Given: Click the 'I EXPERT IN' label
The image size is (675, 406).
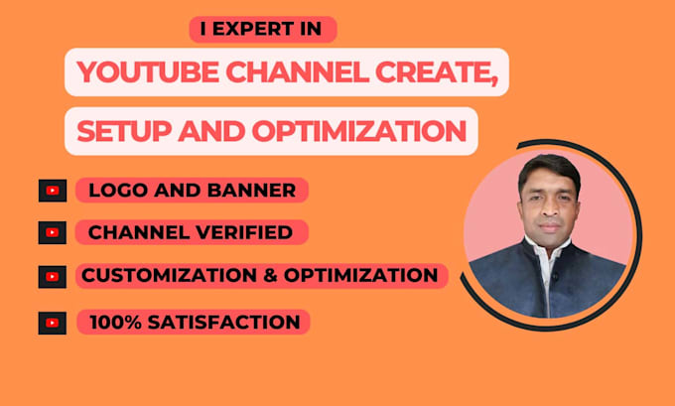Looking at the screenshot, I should coord(262,31).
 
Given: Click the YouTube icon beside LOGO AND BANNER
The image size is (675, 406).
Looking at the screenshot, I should coord(52,191).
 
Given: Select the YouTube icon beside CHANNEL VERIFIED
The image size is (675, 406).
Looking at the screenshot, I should coord(52,232).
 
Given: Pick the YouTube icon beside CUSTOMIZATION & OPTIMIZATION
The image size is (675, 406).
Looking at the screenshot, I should coord(52,276).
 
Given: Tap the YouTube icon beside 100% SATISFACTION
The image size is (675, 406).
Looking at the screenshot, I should coord(52,323).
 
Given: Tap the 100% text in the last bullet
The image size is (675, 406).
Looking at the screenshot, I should coord(112,322).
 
